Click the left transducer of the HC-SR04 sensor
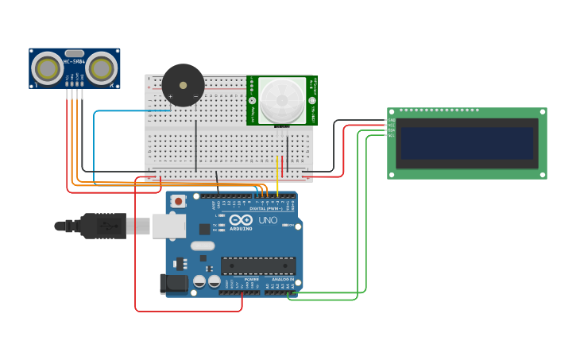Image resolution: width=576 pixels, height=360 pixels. pos(48,69)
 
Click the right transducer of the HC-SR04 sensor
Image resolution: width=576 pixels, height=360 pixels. pos(102,69)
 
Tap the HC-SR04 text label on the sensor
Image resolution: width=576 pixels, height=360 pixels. pos(75,61)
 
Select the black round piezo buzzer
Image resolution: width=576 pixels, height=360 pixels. pos(183,85)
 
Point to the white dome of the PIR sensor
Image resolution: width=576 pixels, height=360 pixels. pos(282,100)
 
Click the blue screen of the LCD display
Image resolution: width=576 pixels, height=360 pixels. pos(467,144)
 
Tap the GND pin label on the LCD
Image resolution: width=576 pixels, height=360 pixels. pos(391,121)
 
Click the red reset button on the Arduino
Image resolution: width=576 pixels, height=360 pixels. pos(179,202)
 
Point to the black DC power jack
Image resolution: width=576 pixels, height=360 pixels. pos(174,284)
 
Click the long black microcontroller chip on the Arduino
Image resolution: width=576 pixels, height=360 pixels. pos(258,265)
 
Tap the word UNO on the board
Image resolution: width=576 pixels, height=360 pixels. pos(268,220)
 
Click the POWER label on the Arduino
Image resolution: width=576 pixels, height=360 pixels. pos(251,280)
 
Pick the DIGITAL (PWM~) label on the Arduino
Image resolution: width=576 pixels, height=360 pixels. pos(264,208)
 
